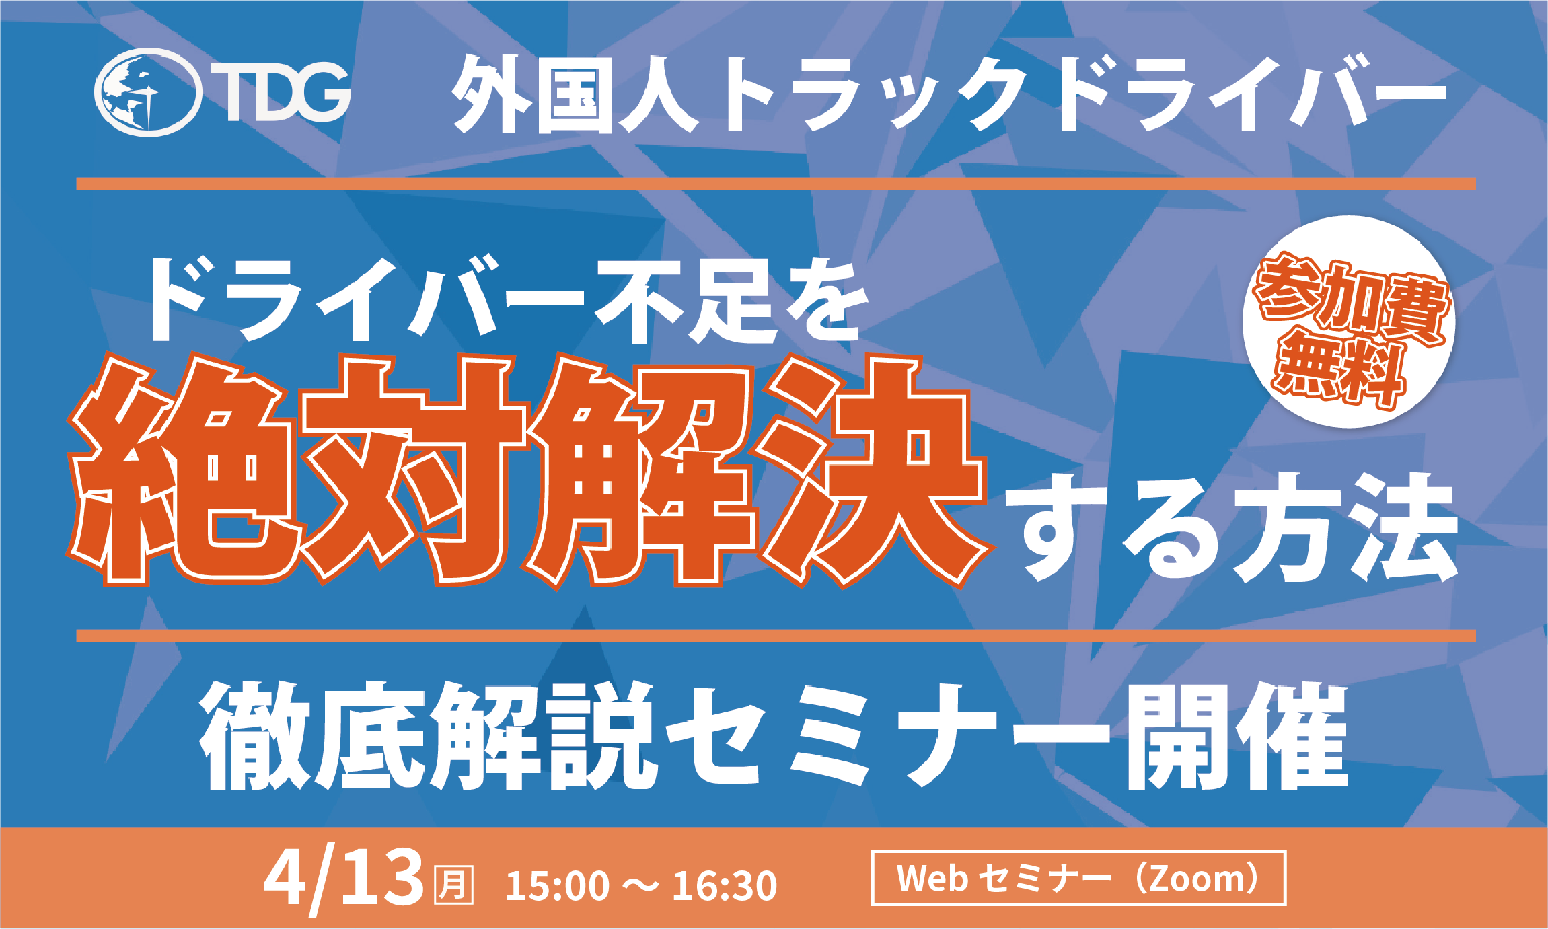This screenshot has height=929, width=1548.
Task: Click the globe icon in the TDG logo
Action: [148, 92]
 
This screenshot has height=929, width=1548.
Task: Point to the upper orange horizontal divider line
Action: [776, 184]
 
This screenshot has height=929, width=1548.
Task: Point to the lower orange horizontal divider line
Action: [776, 636]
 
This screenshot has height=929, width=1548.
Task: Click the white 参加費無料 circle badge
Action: [1349, 322]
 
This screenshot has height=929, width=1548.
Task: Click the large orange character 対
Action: [414, 471]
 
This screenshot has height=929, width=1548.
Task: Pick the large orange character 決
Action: [875, 471]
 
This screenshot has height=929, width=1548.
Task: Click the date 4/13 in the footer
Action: [344, 879]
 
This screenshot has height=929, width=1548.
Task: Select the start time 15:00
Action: [558, 885]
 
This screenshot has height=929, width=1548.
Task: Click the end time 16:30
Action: [725, 885]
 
